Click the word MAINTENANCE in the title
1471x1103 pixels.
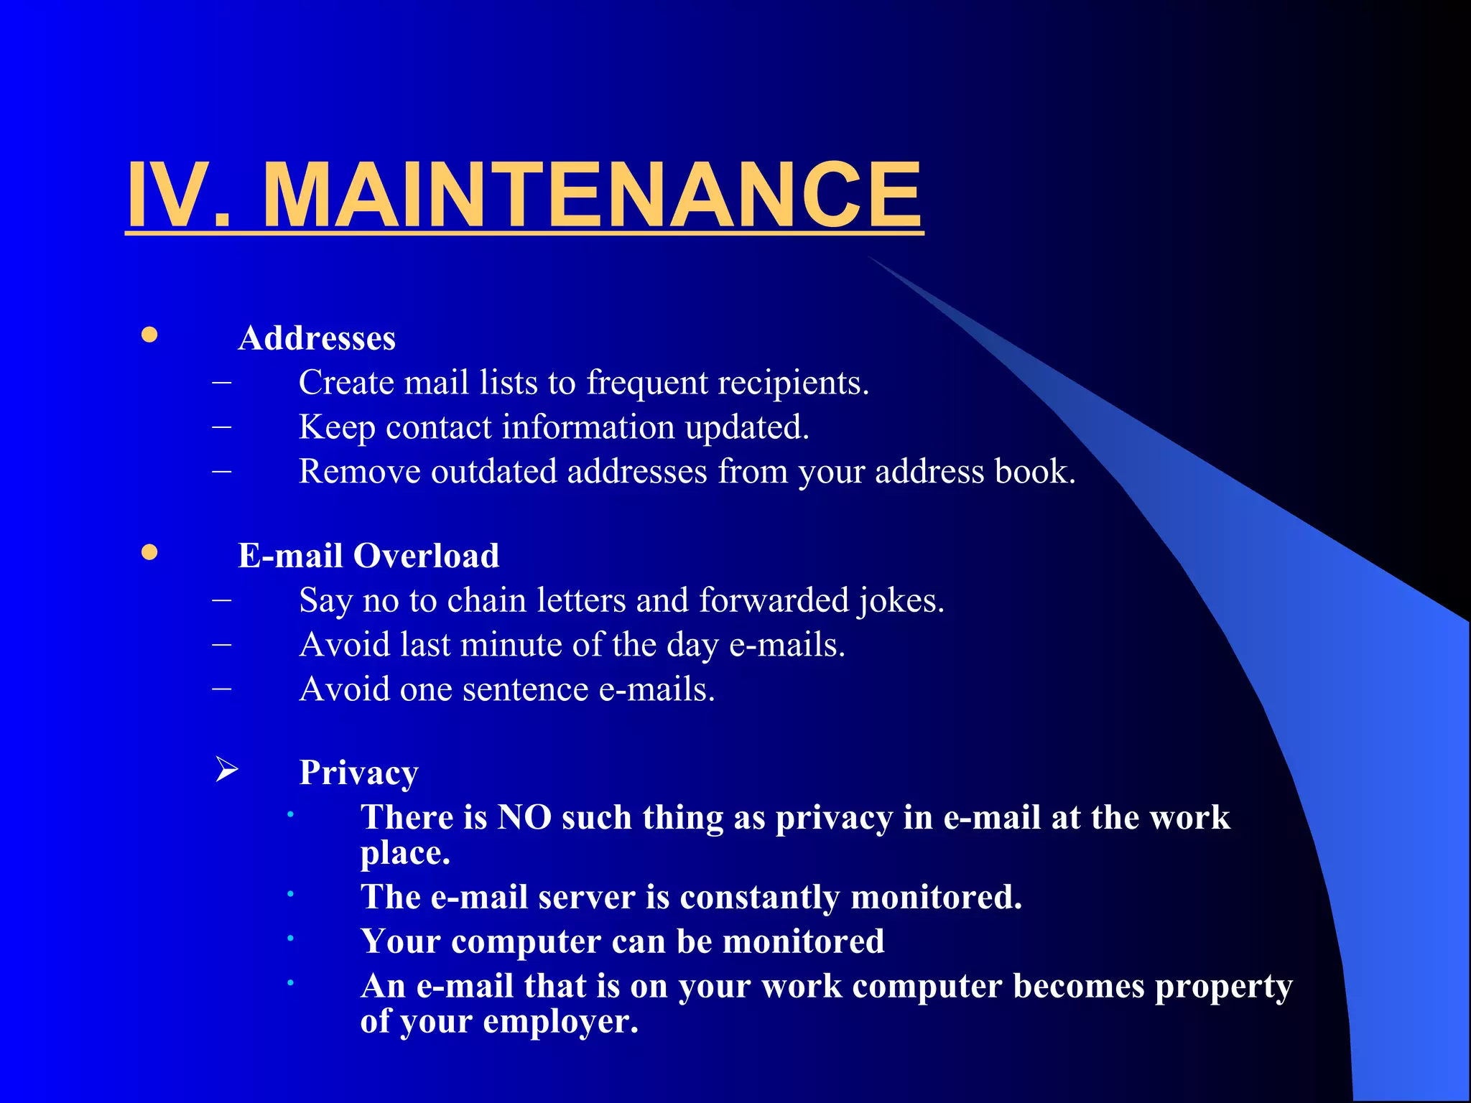tap(592, 195)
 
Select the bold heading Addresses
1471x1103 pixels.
tap(317, 338)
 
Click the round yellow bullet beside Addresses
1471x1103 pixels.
tap(149, 335)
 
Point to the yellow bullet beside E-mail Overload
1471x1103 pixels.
tap(149, 552)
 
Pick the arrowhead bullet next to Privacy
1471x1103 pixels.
tap(227, 770)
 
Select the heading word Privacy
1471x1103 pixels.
tap(358, 773)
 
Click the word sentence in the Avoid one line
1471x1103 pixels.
tap(525, 689)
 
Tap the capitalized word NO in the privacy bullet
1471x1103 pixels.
tap(524, 817)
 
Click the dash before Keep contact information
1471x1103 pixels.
tap(222, 427)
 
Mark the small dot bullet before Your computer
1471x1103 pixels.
tap(290, 938)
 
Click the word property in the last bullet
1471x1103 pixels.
tap(1223, 987)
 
